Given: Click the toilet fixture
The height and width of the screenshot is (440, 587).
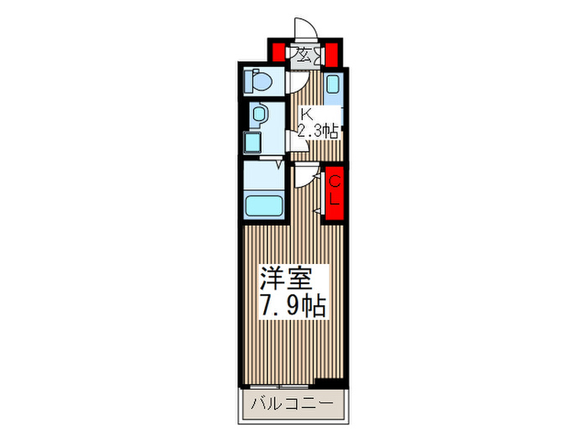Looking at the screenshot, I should tap(258, 82).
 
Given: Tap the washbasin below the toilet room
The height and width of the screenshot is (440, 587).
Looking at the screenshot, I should tap(258, 115).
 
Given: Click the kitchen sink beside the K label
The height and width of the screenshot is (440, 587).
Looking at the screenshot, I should tap(331, 85).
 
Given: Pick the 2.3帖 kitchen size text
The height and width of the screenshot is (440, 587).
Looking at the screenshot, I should tap(319, 131).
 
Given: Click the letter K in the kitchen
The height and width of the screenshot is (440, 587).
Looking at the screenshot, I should tap(307, 114).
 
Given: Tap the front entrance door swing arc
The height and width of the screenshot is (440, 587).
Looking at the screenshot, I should tap(304, 30).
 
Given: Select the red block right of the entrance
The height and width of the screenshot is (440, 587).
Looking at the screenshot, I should tap(331, 52).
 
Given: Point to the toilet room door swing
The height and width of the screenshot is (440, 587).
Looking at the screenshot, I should tap(296, 82).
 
